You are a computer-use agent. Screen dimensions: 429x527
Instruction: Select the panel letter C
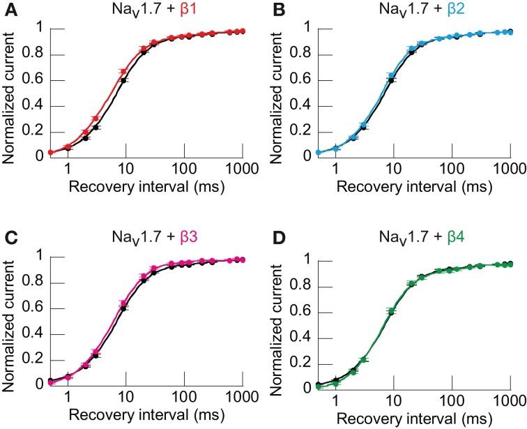click(x=7, y=236)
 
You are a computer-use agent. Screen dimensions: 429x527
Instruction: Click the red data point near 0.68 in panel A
click(x=123, y=72)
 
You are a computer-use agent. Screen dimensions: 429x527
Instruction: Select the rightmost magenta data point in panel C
click(x=243, y=259)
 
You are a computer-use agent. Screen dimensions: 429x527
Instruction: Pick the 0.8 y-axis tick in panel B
click(x=296, y=55)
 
